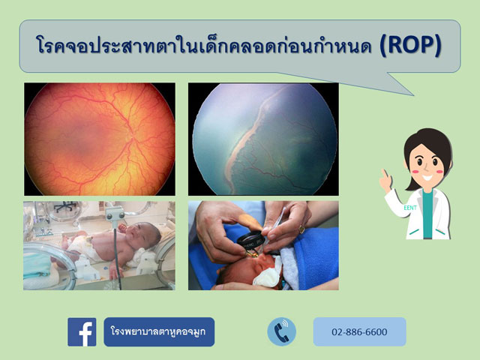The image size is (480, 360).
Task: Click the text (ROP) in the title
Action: pos(410,46)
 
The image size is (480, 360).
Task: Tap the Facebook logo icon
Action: pos(82,331)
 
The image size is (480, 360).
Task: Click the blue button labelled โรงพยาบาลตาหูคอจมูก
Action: pos(159,331)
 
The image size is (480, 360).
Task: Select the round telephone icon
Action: pos(282,331)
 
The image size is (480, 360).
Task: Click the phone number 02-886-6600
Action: pos(359,331)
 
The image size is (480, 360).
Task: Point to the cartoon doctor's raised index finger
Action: pos(383,174)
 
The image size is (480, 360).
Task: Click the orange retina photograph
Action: pos(99,139)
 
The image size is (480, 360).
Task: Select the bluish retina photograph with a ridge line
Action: pos(263,139)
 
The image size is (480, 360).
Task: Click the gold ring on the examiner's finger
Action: pos(302,228)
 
